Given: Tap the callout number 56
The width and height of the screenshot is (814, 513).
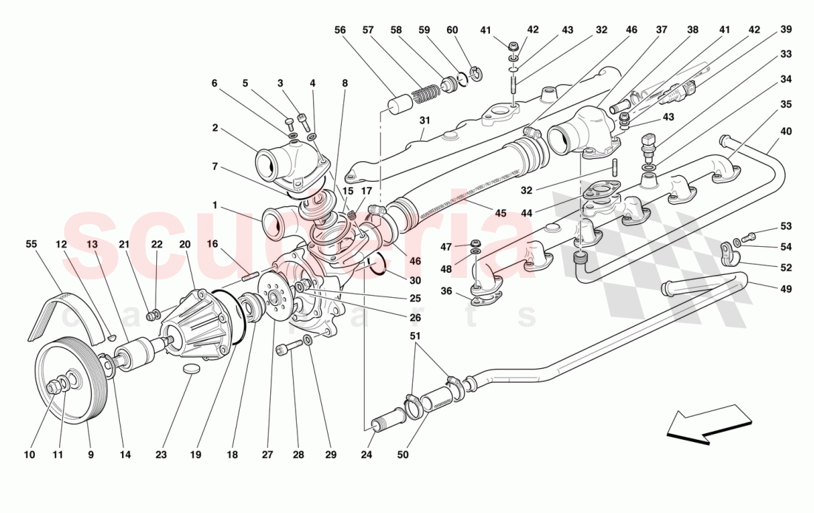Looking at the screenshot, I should [340, 30].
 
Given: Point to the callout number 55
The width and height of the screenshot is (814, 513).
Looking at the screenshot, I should [31, 243].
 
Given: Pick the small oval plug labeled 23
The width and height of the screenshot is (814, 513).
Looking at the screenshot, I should [192, 368].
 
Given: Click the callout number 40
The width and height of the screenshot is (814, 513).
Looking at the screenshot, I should [786, 132].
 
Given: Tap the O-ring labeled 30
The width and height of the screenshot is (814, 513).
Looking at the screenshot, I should [375, 263].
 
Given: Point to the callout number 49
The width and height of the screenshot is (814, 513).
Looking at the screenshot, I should [786, 288].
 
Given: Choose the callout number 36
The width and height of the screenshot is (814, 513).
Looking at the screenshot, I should [446, 291].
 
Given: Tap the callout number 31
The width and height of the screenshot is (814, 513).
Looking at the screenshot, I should [423, 121].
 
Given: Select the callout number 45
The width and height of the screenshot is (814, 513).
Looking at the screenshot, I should [500, 214].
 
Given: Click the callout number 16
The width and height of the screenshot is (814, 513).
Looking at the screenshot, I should [212, 243].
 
